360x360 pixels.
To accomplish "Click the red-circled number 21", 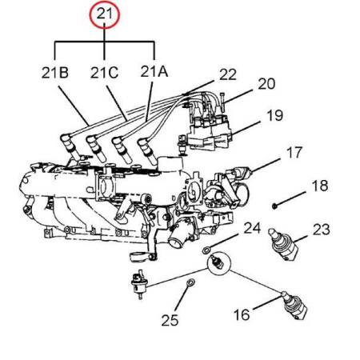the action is click(104, 14).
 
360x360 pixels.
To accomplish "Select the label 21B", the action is click(55, 73).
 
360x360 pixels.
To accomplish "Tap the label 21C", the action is click(104, 73).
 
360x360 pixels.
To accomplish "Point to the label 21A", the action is click(154, 71).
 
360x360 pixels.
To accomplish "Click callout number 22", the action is click(228, 74).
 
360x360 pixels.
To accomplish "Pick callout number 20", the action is click(266, 84).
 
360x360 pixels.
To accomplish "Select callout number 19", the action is click(275, 115).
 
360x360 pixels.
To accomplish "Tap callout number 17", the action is click(294, 153).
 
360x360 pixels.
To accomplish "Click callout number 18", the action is click(320, 186).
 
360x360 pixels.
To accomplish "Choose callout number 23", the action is click(322, 230).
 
